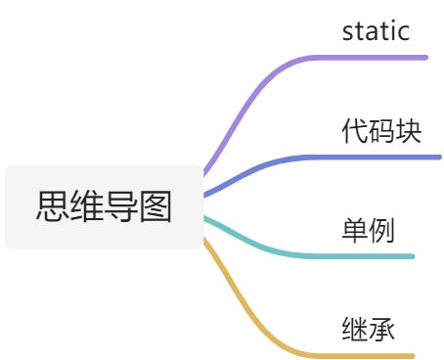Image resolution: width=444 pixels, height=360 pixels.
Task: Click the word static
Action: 375,30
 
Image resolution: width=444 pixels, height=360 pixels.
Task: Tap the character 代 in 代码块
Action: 355,130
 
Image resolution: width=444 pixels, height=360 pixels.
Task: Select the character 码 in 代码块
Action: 381,130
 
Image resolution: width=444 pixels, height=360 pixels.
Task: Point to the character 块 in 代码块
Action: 408,130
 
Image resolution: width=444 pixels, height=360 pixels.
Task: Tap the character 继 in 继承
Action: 355,328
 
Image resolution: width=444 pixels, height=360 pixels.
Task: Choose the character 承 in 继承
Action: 381,328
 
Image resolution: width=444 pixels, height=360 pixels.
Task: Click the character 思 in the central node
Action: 52,207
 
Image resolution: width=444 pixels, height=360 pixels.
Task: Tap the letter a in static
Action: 371,31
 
